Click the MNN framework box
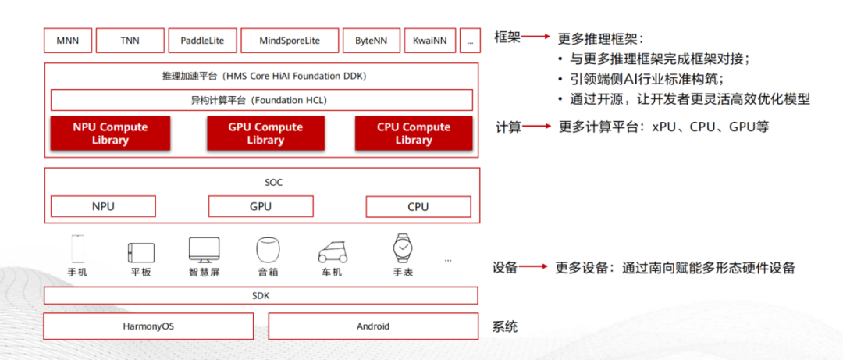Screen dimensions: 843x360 pos(69,40)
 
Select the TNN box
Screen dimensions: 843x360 pos(130,40)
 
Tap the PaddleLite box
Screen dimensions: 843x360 pos(203,40)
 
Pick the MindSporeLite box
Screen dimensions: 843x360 pos(290,40)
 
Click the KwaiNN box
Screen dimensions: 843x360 pos(430,40)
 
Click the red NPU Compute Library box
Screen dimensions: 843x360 pos(110,134)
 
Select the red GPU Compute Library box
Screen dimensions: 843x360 pos(266,134)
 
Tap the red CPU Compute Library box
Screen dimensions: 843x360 pos(414,134)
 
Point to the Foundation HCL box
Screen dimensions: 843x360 pos(261,100)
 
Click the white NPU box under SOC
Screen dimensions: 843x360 pos(103,206)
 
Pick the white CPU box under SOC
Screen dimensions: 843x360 pos(418,206)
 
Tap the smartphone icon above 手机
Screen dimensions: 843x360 pos(77,248)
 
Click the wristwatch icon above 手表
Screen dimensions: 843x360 pos(401,248)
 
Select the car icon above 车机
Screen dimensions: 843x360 pos(333,252)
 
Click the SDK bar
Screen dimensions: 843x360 pos(261,295)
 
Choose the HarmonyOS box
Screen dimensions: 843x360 pos(148,326)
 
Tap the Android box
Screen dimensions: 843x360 pos(373,326)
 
